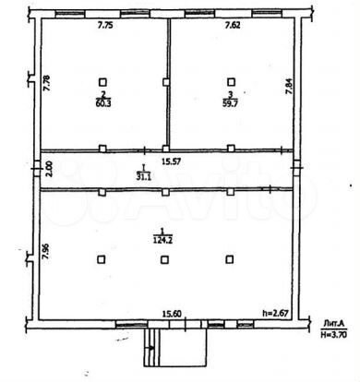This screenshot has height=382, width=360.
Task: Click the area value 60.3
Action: tap(103, 102)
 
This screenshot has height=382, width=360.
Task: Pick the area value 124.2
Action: tap(163, 238)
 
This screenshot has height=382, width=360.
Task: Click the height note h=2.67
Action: tap(277, 314)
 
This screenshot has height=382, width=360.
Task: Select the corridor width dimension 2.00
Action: tap(48, 170)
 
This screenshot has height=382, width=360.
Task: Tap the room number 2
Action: tap(103, 94)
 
